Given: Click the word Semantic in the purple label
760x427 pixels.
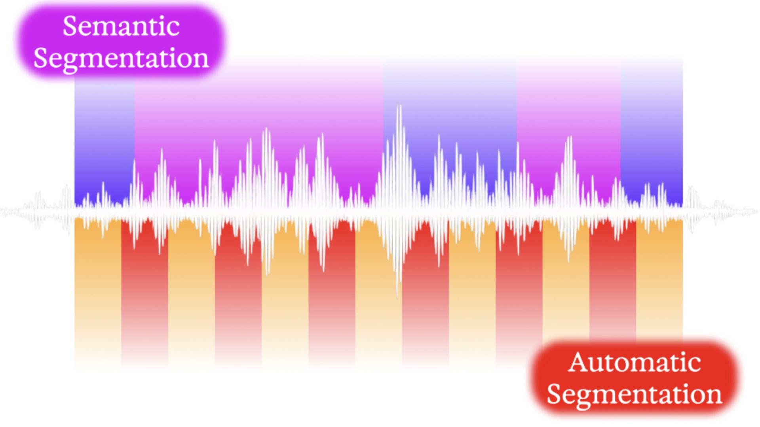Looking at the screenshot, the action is click(121, 26).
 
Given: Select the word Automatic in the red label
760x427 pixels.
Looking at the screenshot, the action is click(635, 362).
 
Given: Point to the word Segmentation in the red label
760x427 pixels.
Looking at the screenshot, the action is click(635, 395).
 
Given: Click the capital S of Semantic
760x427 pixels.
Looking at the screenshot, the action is click(70, 26).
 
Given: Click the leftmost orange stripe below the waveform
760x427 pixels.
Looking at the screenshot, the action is click(98, 293).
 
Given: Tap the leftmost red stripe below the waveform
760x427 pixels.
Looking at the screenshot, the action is click(145, 293).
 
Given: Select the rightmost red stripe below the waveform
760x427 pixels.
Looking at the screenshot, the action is click(613, 281).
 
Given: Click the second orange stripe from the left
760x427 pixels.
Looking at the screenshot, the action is click(192, 293).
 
